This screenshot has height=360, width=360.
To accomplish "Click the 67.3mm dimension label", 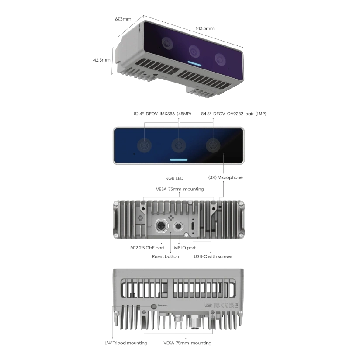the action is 123,19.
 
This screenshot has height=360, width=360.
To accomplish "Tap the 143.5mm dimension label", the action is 205,28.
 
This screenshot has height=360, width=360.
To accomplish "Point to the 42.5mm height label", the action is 102,60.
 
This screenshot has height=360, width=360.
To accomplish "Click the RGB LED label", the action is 174,178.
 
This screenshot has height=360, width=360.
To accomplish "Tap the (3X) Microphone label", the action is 225,177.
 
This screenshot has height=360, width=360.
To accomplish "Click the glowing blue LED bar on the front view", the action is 179,160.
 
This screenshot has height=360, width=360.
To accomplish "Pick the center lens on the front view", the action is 179,145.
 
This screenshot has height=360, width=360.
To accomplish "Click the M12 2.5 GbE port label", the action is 147,248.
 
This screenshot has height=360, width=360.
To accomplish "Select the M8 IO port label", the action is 185,248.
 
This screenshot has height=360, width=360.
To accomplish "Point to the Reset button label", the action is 165,256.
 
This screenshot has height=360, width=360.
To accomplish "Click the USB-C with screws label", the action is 213,256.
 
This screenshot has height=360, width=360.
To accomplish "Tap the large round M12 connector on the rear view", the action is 162,226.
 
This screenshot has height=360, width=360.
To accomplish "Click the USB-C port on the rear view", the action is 193,226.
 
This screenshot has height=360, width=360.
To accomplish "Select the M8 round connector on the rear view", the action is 179,226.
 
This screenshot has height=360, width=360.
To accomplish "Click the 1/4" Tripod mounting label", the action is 126,343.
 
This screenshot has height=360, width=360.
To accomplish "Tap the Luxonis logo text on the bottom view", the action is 163,305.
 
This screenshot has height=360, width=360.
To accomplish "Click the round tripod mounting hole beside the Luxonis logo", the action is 154,306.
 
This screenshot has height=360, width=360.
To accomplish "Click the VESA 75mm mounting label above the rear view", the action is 180,189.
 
